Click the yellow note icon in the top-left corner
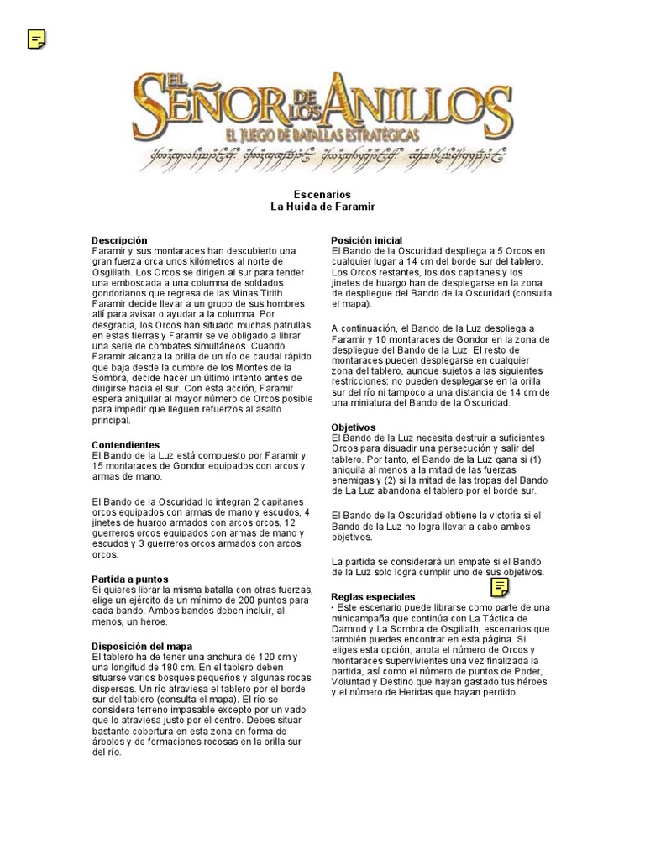(x=37, y=39)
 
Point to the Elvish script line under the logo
(x=322, y=155)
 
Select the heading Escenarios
(x=322, y=194)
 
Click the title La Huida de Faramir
(x=322, y=206)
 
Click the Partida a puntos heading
(x=129, y=579)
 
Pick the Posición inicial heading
(x=367, y=240)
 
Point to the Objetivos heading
(x=354, y=427)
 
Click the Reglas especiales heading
(x=374, y=596)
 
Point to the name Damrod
(x=352, y=628)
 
